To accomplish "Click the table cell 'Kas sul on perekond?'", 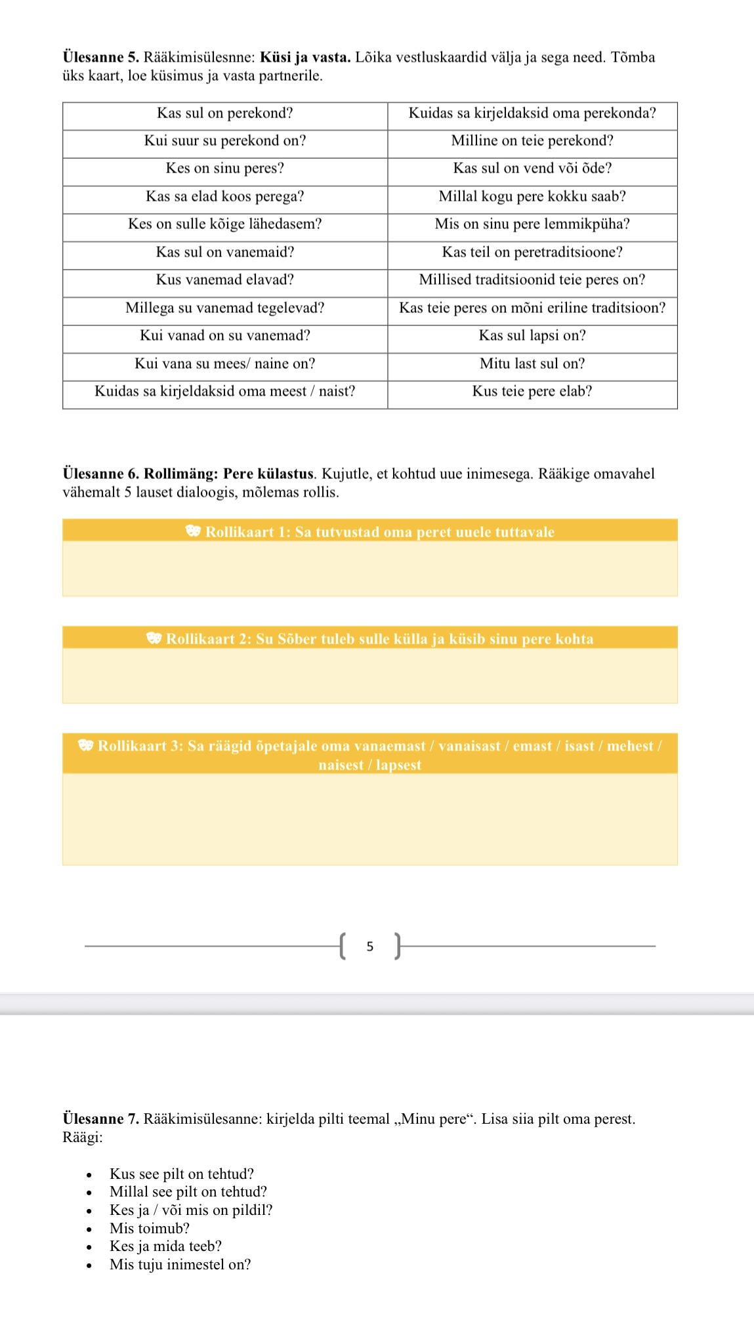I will click(x=224, y=113).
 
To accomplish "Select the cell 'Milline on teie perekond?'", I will click(x=532, y=141).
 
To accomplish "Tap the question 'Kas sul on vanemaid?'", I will click(x=224, y=253).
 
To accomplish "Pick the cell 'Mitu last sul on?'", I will click(x=532, y=364).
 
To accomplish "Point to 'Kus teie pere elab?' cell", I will click(x=532, y=392).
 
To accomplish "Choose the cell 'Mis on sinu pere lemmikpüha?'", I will click(x=532, y=224).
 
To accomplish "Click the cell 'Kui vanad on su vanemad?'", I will click(x=224, y=336).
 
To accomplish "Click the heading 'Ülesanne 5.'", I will click(x=100, y=58).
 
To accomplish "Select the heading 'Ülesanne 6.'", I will click(x=100, y=474).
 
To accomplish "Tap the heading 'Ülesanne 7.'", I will click(x=100, y=1119).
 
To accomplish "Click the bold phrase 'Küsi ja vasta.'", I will click(x=305, y=58).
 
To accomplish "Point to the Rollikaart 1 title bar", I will click(x=370, y=532).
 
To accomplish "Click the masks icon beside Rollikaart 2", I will click(x=154, y=638).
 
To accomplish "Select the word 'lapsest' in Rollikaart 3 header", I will click(x=398, y=766).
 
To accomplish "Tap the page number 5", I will click(x=370, y=947).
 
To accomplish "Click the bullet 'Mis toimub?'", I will click(x=150, y=1229).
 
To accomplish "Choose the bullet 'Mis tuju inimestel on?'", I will click(x=180, y=1265).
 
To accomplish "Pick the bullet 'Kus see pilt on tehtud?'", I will click(x=181, y=1174).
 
